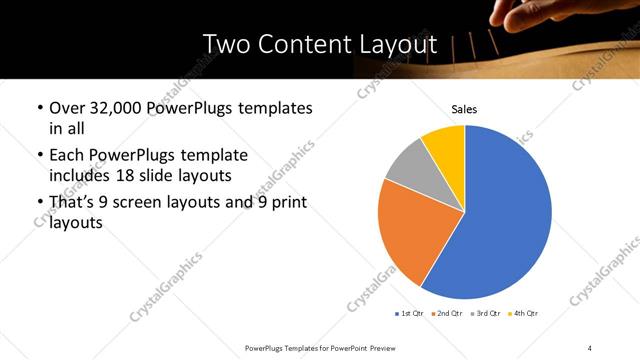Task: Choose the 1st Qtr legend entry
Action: click(409, 314)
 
